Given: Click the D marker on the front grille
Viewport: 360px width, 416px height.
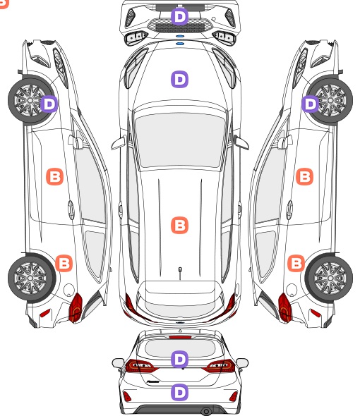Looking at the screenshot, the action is [180, 17].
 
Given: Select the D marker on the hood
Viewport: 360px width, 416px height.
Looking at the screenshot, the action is [180, 79].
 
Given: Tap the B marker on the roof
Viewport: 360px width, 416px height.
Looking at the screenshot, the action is [180, 225].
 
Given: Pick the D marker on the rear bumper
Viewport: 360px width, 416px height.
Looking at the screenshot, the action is [180, 392].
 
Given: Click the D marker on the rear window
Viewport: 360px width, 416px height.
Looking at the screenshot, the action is [180, 359].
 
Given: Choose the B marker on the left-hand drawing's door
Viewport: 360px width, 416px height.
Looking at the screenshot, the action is [55, 176].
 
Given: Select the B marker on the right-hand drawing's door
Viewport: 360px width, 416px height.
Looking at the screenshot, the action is [304, 176].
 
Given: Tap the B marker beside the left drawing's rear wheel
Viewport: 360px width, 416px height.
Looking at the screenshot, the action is [64, 263].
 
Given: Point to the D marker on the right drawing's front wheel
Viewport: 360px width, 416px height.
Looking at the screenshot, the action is [311, 104].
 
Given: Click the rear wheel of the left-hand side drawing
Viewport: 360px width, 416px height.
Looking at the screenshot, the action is [31, 278].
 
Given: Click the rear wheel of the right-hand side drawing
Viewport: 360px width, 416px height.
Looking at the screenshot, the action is [329, 278].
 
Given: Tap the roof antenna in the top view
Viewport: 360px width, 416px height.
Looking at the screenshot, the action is [180, 273].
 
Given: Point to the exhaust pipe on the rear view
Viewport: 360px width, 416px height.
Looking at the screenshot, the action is [206, 412].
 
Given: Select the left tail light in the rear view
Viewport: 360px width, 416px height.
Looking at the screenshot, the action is [140, 366].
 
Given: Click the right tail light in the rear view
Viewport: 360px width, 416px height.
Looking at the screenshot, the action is [220, 366].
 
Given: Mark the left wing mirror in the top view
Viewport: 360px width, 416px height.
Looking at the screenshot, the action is [119, 142].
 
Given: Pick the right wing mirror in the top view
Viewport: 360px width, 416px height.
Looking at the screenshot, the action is [241, 142].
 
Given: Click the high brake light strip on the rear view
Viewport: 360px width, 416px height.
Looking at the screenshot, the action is [180, 337].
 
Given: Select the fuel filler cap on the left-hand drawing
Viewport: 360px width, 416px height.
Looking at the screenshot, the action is [69, 290].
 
